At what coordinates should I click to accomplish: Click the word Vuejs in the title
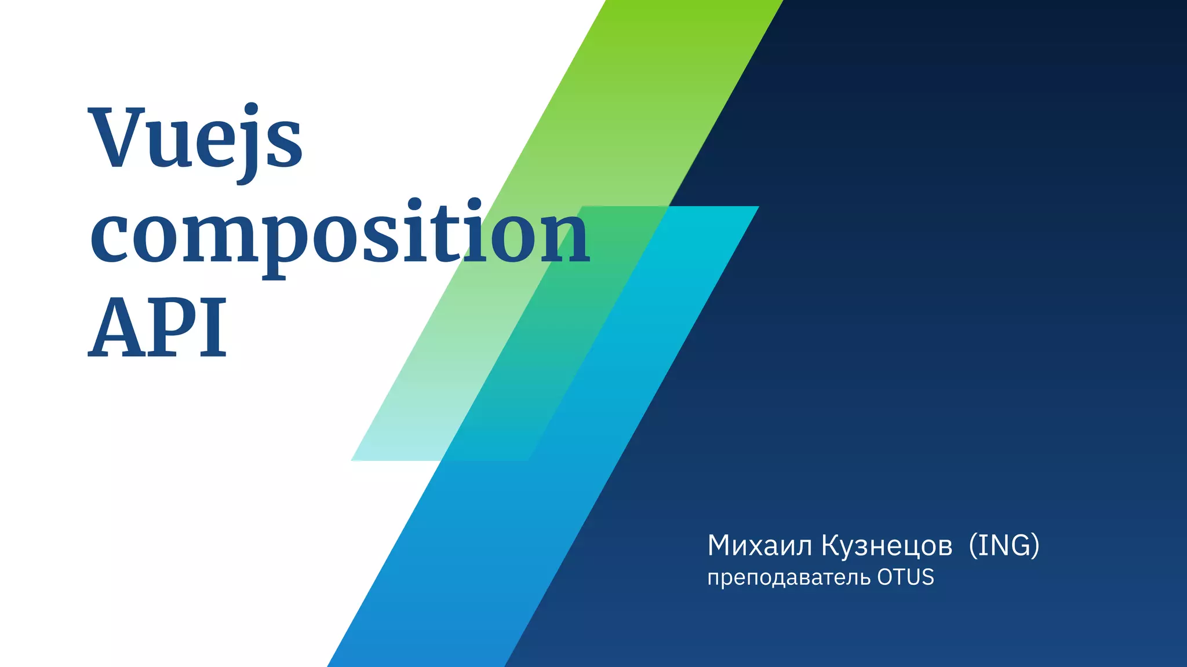195,139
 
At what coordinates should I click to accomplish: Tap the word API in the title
158,328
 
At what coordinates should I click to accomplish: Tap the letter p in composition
285,243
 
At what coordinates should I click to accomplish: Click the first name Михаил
760,545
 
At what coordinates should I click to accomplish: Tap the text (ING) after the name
1004,545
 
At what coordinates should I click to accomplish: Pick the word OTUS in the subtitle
905,577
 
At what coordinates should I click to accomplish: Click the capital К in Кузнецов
831,545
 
